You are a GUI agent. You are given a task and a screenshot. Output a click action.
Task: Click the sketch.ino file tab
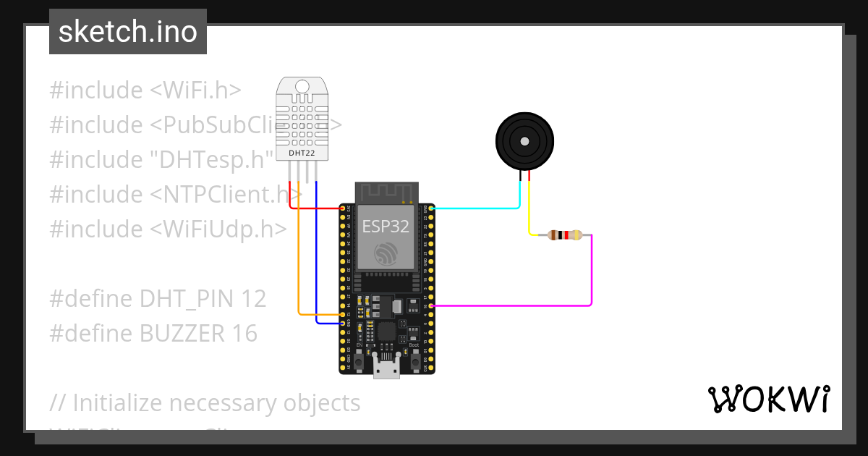tap(127, 32)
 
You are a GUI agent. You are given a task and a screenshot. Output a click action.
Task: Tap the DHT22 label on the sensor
tap(301, 152)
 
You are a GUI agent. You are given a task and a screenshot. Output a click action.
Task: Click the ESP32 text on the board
tap(386, 226)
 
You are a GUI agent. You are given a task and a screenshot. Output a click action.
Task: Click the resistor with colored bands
tap(564, 235)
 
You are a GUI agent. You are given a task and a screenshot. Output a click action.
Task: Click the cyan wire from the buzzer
tap(477, 208)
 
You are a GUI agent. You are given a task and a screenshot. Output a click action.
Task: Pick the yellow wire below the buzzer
tap(529, 210)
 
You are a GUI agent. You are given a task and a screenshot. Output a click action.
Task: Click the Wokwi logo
tap(768, 399)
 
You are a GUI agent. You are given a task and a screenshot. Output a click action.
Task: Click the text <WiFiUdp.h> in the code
tap(218, 229)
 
